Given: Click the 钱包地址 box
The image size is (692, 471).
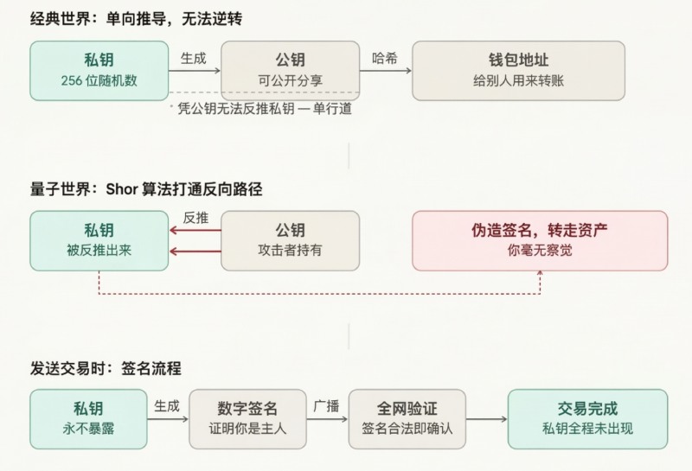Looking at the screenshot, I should (517, 70).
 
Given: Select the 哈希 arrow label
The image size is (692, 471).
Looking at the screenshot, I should (385, 57).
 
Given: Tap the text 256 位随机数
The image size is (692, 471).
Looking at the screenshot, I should (99, 80).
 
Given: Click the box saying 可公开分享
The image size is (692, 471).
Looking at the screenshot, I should (290, 70).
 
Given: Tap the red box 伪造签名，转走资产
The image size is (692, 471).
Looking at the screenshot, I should (540, 240).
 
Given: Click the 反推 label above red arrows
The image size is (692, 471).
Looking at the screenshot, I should (195, 219).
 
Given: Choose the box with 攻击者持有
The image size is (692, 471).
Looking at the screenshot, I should (290, 240).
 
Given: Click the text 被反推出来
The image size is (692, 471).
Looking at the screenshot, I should (99, 251).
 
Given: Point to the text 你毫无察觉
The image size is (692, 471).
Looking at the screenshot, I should (540, 251).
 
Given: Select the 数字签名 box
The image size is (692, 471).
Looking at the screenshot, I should (247, 418).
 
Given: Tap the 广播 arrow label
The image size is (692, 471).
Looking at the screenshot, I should (327, 404).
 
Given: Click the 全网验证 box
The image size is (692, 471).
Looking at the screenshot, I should (407, 418).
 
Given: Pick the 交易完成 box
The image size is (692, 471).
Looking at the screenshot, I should (587, 418).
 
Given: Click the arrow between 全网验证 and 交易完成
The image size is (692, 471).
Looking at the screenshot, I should (486, 420).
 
